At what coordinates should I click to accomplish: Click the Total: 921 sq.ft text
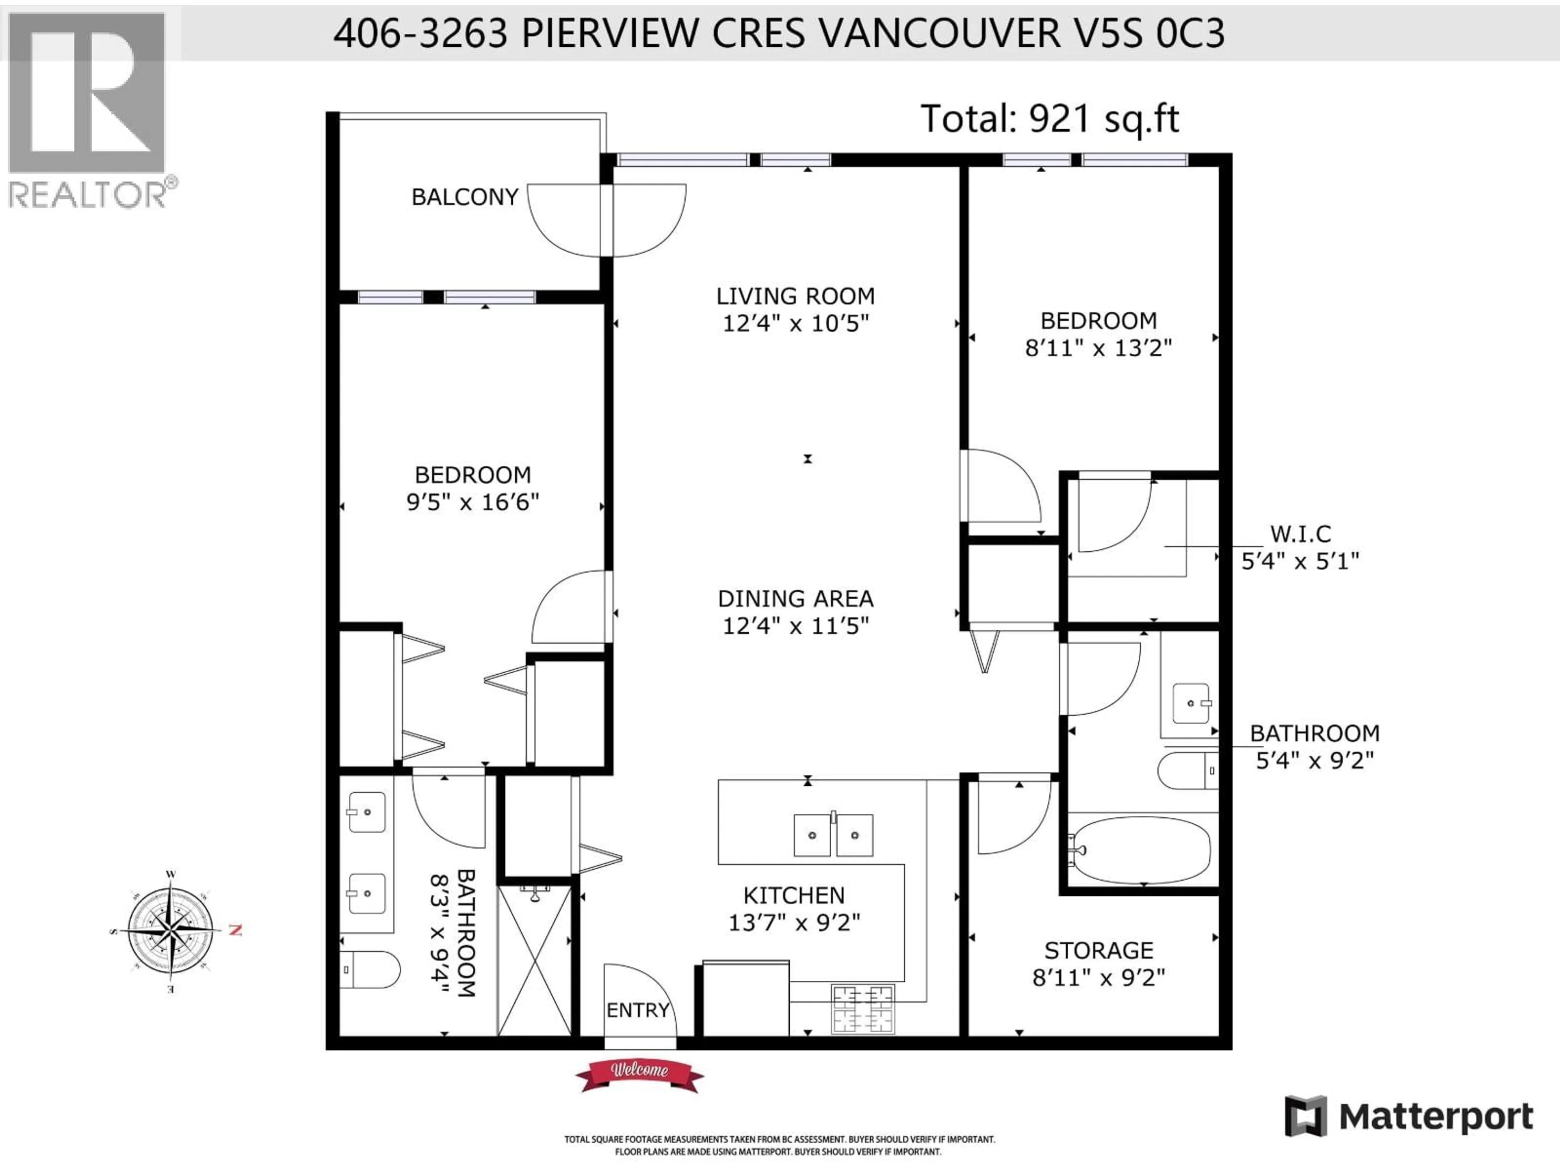[x=1049, y=119]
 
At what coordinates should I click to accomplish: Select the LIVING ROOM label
[x=795, y=296]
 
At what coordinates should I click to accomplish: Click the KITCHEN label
[x=793, y=895]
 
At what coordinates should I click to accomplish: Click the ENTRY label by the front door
[x=637, y=1010]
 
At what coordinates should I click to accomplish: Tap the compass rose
[x=171, y=931]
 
